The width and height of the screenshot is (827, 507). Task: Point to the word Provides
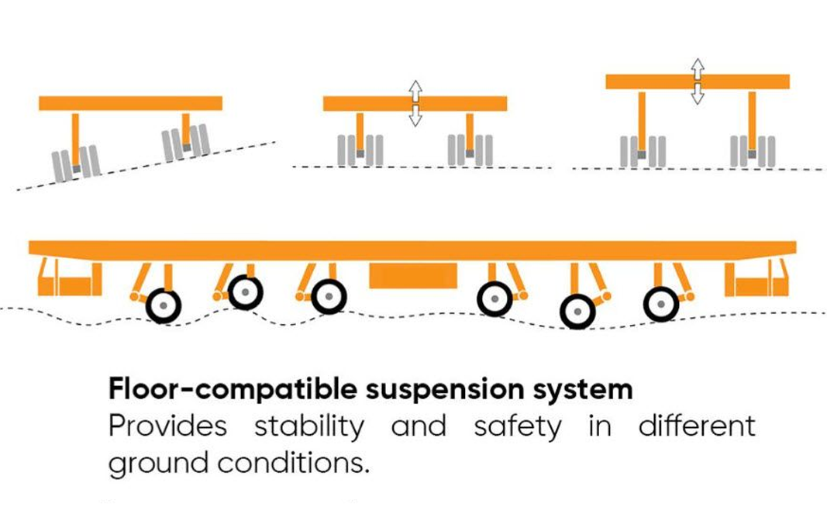167,426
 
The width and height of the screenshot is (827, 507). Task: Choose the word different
697,426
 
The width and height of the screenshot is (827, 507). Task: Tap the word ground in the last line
159,464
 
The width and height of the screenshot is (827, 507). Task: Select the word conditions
293,462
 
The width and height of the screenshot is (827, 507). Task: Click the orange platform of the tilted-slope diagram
130,103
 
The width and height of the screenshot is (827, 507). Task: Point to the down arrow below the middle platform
415,116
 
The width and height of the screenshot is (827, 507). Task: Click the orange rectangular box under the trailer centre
413,276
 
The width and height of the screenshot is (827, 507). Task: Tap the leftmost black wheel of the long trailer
164,305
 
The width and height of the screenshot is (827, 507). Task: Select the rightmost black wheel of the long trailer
661,304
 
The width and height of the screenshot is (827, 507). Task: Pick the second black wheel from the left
245,291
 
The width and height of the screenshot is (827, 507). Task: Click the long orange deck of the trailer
412,250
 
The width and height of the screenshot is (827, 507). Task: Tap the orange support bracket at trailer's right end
756,278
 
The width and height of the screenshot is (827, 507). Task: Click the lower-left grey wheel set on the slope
76,164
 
